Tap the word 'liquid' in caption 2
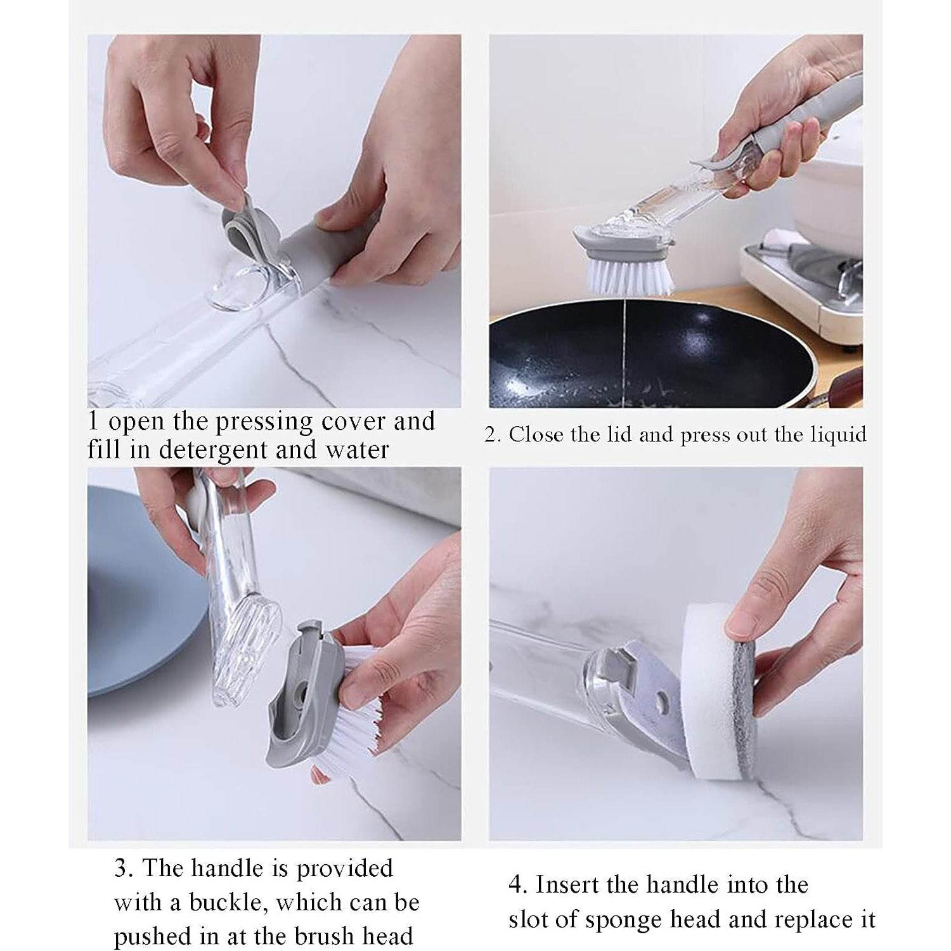click(838, 435)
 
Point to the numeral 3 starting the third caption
click(121, 868)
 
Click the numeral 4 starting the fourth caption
click(517, 884)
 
